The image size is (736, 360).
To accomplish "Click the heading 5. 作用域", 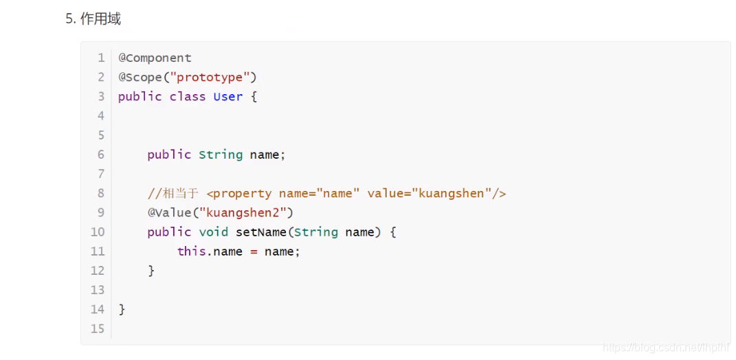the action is (93, 19).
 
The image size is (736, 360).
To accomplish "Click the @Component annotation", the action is (155, 58).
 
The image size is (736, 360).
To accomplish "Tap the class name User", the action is (227, 96).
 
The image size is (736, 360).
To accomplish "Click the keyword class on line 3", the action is (188, 96).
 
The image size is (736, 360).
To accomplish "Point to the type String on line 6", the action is (221, 155).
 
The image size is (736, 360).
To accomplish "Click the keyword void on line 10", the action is (213, 232).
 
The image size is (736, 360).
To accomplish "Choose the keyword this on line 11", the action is (192, 251).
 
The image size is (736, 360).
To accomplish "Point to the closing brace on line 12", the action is (151, 271).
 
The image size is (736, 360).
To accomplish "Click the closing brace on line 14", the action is (122, 309).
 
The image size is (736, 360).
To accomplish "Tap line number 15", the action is (98, 328).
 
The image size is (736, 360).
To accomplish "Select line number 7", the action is (101, 174).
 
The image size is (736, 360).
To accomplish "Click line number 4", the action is (101, 115).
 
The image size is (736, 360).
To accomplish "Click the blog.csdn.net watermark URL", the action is (665, 348).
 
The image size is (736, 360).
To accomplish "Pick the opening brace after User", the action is (254, 96).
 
